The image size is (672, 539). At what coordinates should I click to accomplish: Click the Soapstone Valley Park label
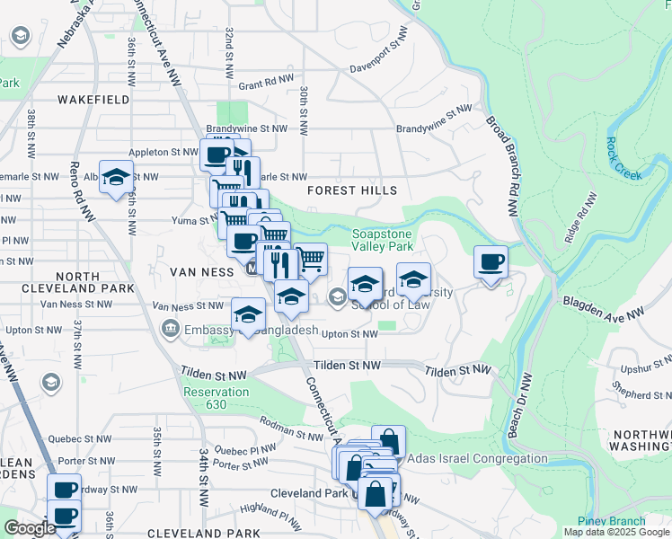[382, 239]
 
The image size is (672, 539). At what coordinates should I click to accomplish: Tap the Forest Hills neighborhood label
[351, 190]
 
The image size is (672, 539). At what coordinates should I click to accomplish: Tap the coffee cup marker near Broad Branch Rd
[491, 263]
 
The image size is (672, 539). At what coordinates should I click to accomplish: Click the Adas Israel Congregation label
[477, 458]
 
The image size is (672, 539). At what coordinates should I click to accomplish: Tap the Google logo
[30, 527]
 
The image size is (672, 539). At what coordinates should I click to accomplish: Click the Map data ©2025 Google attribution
[615, 532]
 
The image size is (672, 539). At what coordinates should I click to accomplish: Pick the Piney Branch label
[612, 521]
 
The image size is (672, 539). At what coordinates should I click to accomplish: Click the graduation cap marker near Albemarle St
[116, 177]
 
